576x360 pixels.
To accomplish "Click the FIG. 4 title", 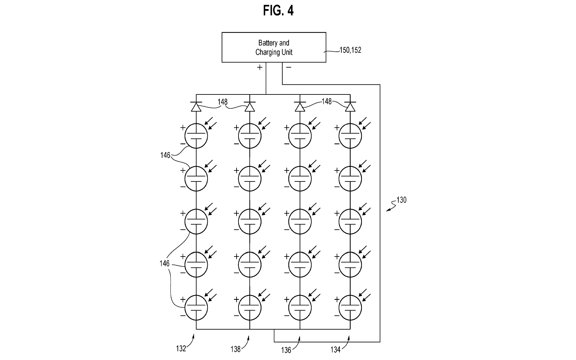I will click(x=278, y=11).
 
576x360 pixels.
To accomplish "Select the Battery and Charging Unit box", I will click(x=274, y=47).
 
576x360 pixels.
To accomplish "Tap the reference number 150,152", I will click(x=350, y=50).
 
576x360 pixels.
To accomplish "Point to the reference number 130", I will click(x=401, y=200).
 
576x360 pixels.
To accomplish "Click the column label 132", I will click(x=181, y=348).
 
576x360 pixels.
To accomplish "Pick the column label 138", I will click(x=235, y=349).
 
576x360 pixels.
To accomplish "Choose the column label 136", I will click(x=286, y=350).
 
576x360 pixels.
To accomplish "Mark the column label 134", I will click(x=335, y=350).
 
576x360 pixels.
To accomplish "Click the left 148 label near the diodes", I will click(x=222, y=102).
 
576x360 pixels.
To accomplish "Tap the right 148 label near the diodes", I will click(x=327, y=102).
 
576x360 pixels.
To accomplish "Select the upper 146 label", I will click(x=165, y=155).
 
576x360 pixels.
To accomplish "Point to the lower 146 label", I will click(x=164, y=264).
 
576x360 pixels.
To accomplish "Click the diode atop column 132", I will click(x=196, y=107).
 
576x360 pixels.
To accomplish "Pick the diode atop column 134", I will click(x=350, y=107).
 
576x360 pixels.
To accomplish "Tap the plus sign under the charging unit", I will click(x=260, y=67).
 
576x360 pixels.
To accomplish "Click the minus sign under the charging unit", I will click(x=289, y=67).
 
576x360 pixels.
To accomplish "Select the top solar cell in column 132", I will click(x=196, y=136).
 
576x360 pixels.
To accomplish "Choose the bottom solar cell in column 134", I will click(x=350, y=308).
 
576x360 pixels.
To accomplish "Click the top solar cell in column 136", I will click(x=300, y=136).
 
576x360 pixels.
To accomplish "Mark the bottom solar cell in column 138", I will click(x=249, y=308).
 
